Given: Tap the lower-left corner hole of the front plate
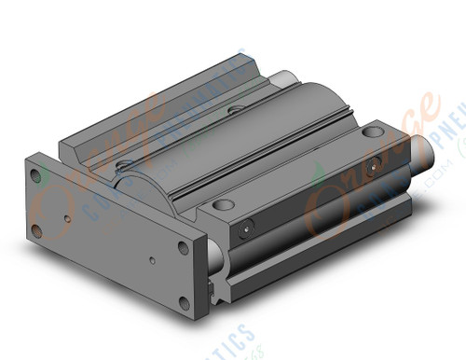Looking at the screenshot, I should click(36, 229).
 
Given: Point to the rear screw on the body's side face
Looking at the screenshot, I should click(374, 169).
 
